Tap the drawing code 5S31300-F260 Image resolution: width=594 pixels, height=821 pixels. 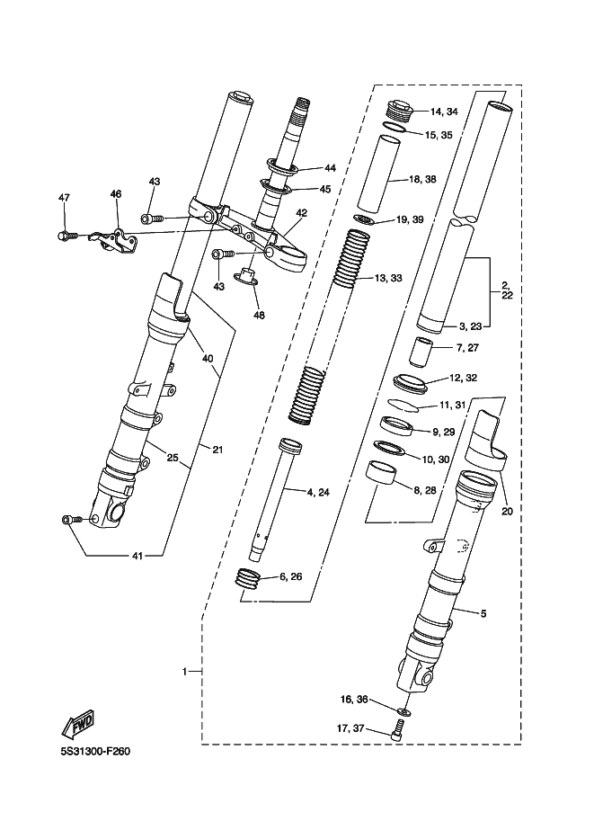95,752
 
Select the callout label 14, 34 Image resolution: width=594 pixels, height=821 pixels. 444,112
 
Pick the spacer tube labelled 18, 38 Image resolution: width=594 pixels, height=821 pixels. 378,174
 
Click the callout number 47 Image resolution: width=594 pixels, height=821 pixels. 64,198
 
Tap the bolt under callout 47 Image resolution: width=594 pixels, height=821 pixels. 66,236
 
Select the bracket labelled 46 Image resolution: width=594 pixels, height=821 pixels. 115,241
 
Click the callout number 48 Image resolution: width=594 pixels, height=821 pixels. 259,315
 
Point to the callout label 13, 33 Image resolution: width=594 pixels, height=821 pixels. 388,278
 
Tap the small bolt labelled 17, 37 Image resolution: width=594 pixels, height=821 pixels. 399,729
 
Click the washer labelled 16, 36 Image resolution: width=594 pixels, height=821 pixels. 403,710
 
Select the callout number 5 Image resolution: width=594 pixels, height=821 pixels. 483,613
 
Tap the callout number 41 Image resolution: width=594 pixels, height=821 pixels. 137,556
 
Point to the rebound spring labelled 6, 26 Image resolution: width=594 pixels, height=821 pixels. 246,579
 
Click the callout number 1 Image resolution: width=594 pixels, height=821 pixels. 184,671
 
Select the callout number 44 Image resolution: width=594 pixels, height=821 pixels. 330,168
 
